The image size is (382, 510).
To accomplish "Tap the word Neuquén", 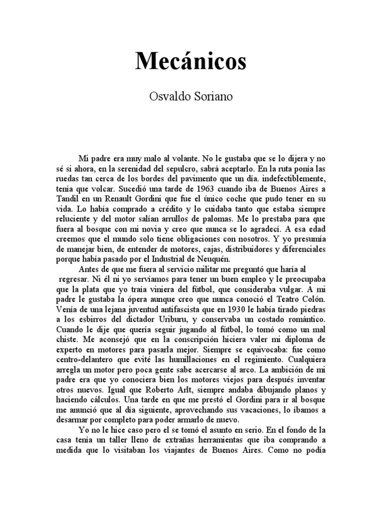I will click(x=236, y=263).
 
